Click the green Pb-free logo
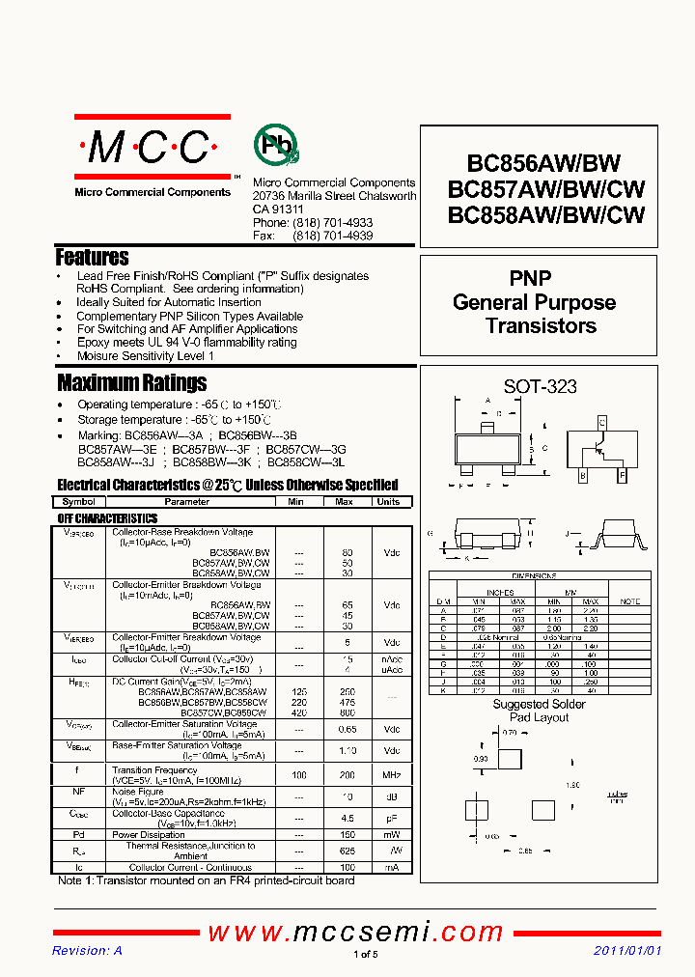pyautogui.click(x=276, y=146)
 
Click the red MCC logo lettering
pyautogui.click(x=151, y=148)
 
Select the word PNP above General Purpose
pyautogui.click(x=530, y=278)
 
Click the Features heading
pyautogui.click(x=93, y=258)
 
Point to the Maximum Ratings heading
pyautogui.click(x=132, y=382)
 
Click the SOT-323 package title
pyautogui.click(x=540, y=386)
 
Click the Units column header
pyautogui.click(x=388, y=502)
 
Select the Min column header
pyautogui.click(x=296, y=502)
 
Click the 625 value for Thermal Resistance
pyautogui.click(x=347, y=851)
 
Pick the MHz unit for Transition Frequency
pyautogui.click(x=391, y=775)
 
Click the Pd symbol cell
pyautogui.click(x=79, y=835)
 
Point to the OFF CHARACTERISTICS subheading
pyautogui.click(x=107, y=518)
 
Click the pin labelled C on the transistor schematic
pyautogui.click(x=601, y=423)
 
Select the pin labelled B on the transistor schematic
pyautogui.click(x=582, y=475)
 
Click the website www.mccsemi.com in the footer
pyautogui.click(x=355, y=932)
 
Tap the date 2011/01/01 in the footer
pyautogui.click(x=627, y=952)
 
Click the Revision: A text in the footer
pyautogui.click(x=87, y=952)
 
